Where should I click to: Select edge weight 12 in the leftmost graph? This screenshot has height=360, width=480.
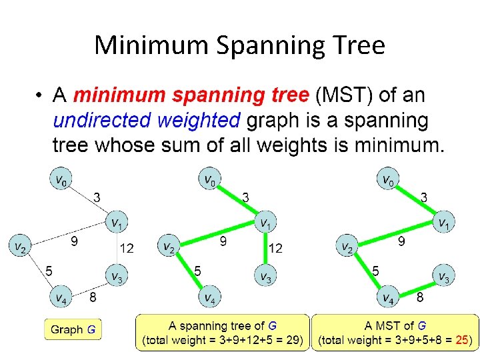click(126, 249)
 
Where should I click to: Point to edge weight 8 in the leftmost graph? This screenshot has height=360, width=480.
click(93, 297)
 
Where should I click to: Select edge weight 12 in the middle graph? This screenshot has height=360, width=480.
click(275, 249)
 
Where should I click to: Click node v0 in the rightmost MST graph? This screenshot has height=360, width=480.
click(386, 179)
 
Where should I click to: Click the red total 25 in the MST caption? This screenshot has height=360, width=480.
click(461, 340)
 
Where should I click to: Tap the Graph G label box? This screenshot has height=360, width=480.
click(73, 329)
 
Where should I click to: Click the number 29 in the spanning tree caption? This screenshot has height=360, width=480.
click(291, 340)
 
